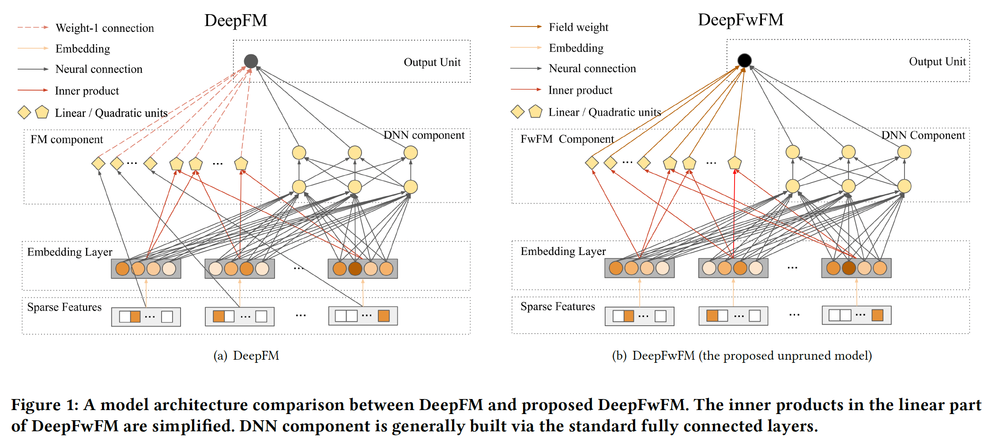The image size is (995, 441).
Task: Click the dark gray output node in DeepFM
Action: (251, 61)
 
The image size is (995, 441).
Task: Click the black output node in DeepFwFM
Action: (744, 60)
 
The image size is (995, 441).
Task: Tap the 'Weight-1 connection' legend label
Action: (105, 28)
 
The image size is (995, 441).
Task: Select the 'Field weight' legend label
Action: (578, 27)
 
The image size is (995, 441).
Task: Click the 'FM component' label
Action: (67, 140)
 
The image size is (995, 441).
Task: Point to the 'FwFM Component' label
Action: (567, 139)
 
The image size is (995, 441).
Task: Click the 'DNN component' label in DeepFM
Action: (424, 135)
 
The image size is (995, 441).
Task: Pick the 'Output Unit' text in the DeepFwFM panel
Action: (937, 62)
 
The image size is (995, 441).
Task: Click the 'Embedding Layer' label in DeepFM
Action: (70, 252)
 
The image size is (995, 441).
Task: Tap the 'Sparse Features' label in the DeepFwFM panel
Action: (558, 307)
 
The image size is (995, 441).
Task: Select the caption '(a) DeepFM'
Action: (246, 356)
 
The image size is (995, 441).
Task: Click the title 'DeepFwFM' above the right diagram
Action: (740, 20)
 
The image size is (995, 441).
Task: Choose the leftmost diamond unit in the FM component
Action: (98, 163)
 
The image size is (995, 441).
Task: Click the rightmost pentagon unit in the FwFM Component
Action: (735, 163)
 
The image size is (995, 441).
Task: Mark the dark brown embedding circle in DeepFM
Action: (355, 269)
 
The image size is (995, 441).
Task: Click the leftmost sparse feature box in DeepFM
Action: (146, 317)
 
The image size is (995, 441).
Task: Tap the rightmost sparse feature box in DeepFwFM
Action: (856, 316)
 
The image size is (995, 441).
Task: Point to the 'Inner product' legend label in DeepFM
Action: (87, 91)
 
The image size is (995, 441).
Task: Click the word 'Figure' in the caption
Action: (36, 405)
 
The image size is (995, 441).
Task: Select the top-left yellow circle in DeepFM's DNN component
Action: (299, 153)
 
